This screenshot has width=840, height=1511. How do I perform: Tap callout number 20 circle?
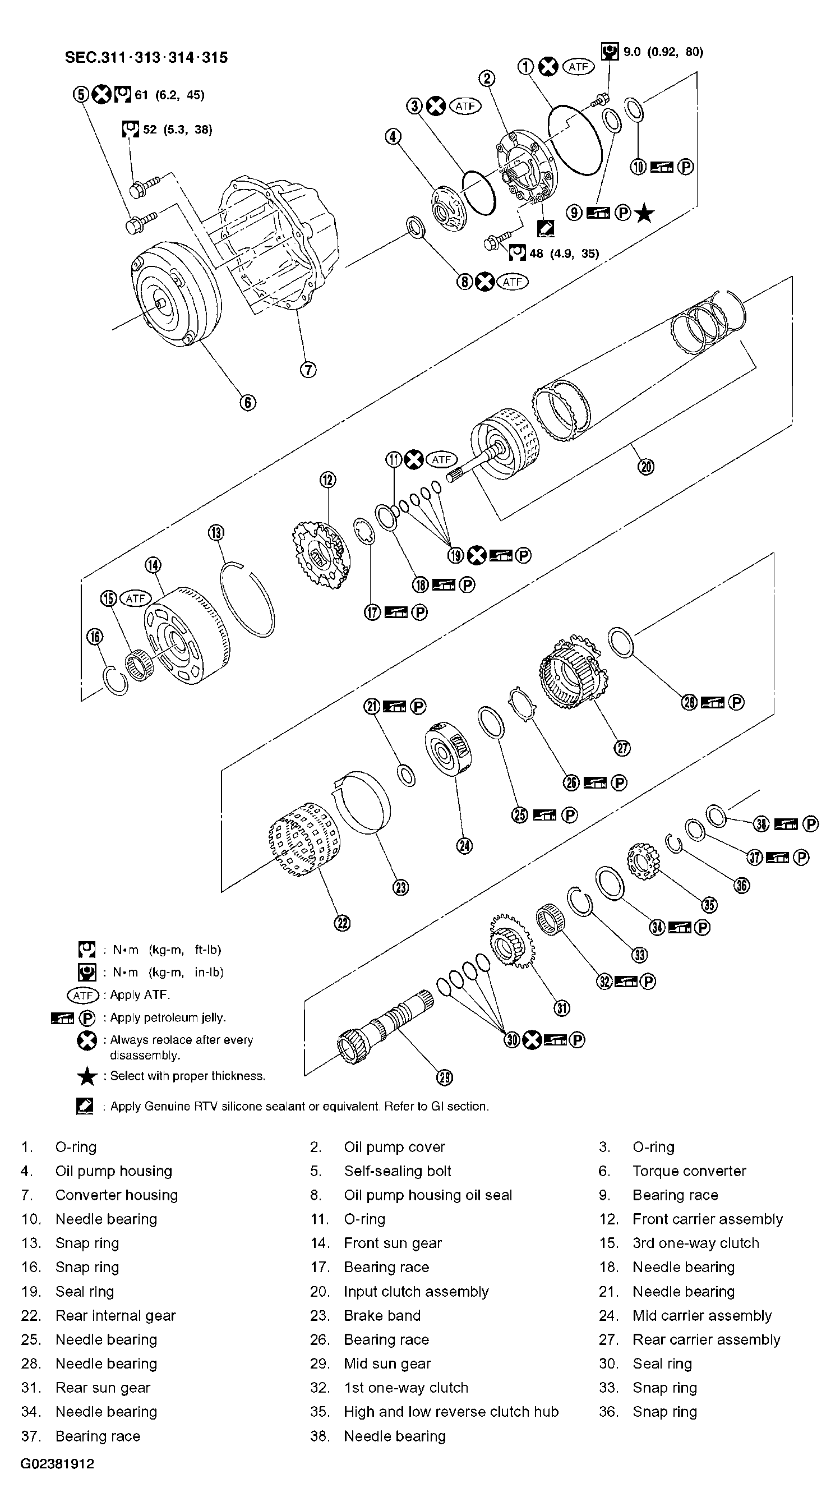[x=645, y=467]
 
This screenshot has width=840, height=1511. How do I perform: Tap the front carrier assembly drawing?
[x=320, y=554]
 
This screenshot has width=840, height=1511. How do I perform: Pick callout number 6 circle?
[x=247, y=402]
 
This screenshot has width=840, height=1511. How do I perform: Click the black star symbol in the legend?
[x=87, y=1076]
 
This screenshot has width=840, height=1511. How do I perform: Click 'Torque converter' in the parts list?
[x=689, y=1171]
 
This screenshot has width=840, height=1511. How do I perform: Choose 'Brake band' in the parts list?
[x=382, y=1315]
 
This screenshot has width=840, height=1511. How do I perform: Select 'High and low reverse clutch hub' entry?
[x=450, y=1411]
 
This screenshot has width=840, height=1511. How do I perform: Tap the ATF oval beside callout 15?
[x=135, y=598]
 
